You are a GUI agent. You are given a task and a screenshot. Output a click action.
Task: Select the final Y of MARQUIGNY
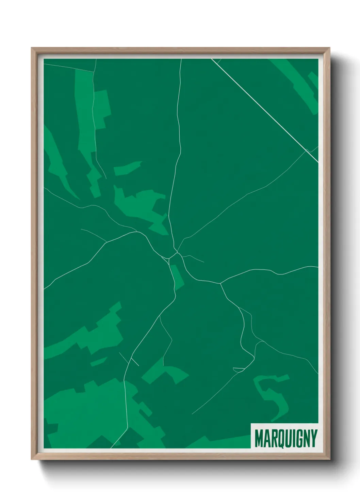[x=313, y=438]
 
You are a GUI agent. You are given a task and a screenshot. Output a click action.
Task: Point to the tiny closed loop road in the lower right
[x=239, y=369]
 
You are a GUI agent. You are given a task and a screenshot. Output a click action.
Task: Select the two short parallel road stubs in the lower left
[x=129, y=359]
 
